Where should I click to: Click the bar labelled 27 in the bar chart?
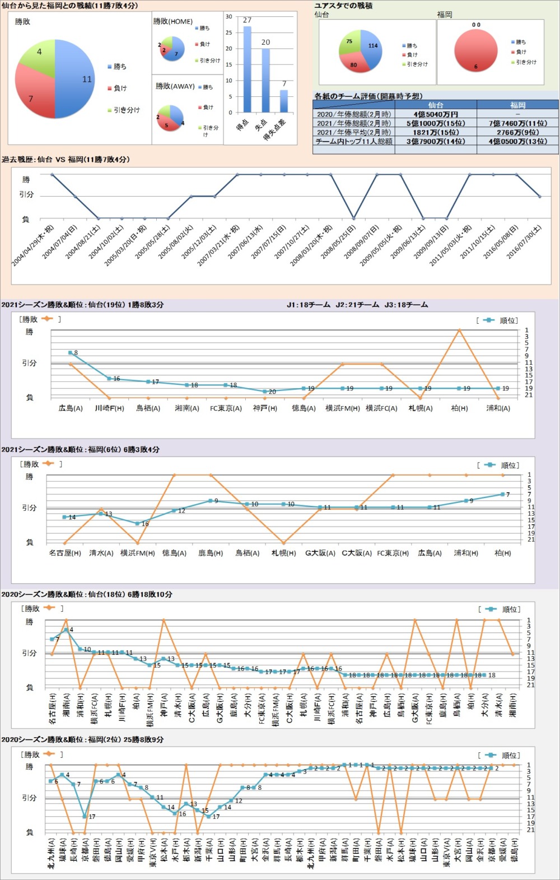point(247,69)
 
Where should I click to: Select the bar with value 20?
point(265,81)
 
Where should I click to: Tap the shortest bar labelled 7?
point(284,101)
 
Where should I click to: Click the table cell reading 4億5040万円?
point(436,114)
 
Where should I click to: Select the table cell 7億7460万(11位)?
point(517,123)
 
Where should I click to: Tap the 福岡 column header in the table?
point(517,105)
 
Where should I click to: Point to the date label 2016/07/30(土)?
point(524,241)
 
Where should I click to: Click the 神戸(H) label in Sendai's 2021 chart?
point(265,408)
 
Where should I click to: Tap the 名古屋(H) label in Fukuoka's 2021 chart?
point(65,553)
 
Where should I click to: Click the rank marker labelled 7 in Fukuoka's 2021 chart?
point(502,495)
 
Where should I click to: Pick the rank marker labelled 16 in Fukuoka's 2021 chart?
point(138,524)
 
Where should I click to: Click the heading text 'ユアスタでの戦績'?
point(343,6)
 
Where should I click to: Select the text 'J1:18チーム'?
point(308,305)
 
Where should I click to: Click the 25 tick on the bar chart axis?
point(228,32)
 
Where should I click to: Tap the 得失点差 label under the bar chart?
point(275,129)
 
